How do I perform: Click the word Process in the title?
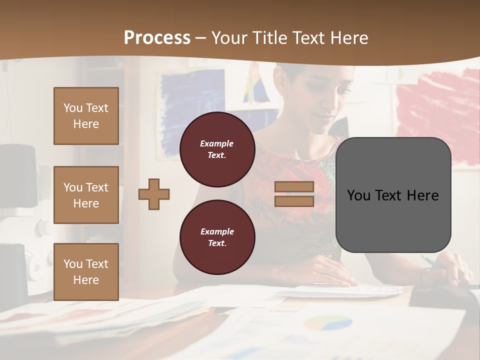(x=157, y=37)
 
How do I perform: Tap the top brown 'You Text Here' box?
(x=86, y=116)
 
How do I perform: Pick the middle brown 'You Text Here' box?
(x=86, y=195)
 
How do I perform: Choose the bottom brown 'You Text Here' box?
(x=86, y=271)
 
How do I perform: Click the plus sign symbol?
(x=154, y=194)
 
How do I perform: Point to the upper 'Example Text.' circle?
(x=217, y=149)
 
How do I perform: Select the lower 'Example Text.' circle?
(x=217, y=237)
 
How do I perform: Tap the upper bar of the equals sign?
(x=294, y=187)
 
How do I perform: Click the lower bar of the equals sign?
(x=294, y=201)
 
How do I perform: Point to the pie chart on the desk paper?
(x=327, y=322)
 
